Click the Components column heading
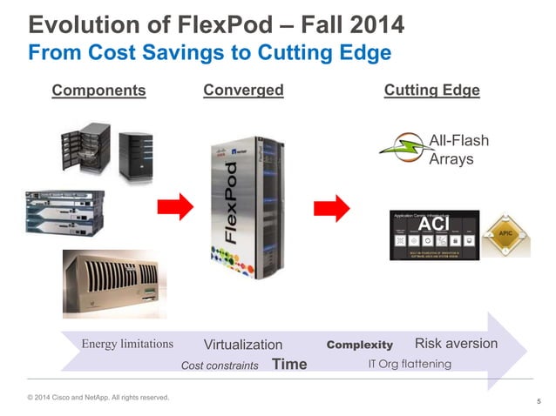pos(98,91)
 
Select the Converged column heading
pos(243,90)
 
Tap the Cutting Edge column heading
pos(431,90)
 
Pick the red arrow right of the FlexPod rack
pos(332,207)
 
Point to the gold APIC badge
pos(505,234)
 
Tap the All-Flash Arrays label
pos(459,150)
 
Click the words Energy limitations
pos(127,344)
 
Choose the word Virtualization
pos(243,345)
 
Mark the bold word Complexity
pos(359,345)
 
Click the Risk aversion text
pos(456,343)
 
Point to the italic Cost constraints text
pos(219,366)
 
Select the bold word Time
pos(289,364)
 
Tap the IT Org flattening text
pos(408,364)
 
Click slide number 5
pos(539,401)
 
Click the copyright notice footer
pos(98,398)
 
